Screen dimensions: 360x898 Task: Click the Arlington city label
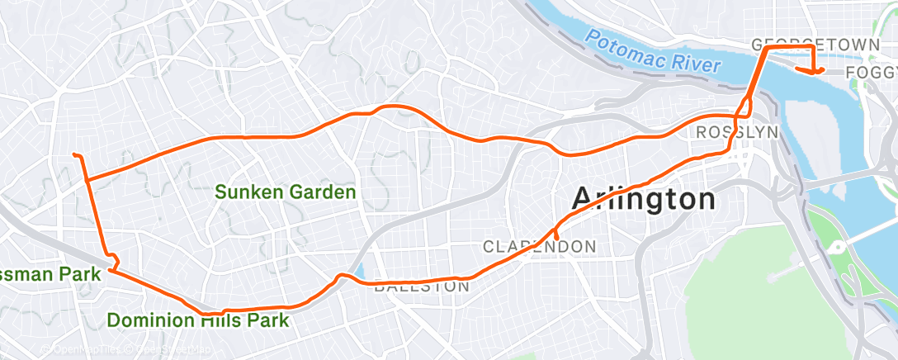point(643,199)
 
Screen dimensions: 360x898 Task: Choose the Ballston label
point(422,287)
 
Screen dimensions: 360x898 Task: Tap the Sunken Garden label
point(286,192)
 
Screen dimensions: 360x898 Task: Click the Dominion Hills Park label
point(198,320)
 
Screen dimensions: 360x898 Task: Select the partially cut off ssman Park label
point(50,273)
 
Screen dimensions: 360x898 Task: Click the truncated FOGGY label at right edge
point(872,75)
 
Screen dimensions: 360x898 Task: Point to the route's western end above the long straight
point(74,154)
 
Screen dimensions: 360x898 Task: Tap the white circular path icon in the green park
point(836,247)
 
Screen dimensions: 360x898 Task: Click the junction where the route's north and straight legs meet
point(87,178)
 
